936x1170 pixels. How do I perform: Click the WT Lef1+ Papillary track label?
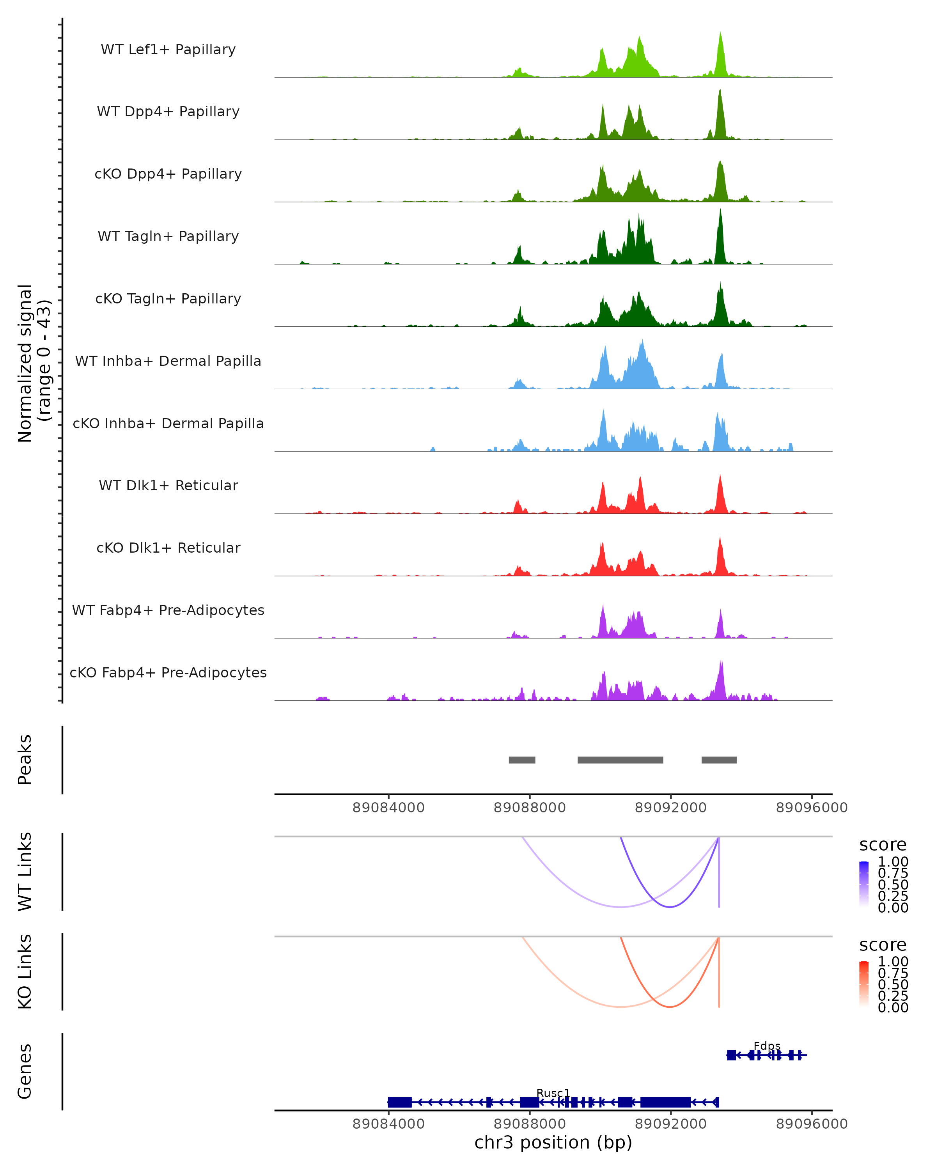pos(168,50)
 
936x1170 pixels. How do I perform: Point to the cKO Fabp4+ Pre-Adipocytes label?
pos(168,672)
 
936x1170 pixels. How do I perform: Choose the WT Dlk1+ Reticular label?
pos(168,485)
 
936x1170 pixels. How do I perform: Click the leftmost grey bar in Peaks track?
pos(522,760)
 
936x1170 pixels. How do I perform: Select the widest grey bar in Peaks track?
pos(620,760)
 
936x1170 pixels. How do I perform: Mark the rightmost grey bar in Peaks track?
pos(719,760)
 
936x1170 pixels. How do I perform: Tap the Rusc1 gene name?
pos(553,1093)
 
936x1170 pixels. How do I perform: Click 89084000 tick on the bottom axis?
pos(388,1124)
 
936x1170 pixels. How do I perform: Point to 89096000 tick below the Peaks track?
pos(812,808)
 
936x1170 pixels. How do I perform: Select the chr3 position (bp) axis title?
pos(553,1143)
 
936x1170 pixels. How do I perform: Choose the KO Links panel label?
pos(25,971)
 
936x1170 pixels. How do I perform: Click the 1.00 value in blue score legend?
pos(893,862)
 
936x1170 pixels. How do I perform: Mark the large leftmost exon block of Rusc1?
pos(400,1102)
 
